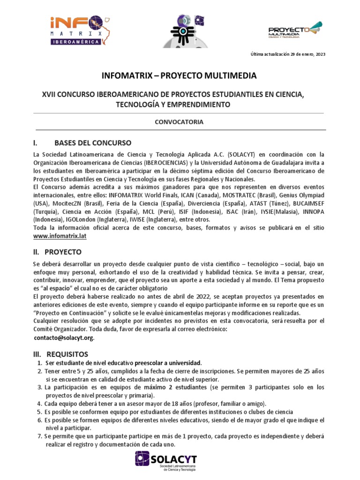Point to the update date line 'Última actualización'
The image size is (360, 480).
[287, 54]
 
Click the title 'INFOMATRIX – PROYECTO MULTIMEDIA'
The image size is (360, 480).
[180, 75]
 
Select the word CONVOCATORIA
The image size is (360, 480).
[179, 122]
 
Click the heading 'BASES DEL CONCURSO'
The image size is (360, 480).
[93, 142]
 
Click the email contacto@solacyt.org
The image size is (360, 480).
[64, 337]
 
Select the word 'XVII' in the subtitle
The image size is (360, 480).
[50, 95]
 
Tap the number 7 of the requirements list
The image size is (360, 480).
[39, 436]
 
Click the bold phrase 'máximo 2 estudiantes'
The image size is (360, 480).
[175, 387]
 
